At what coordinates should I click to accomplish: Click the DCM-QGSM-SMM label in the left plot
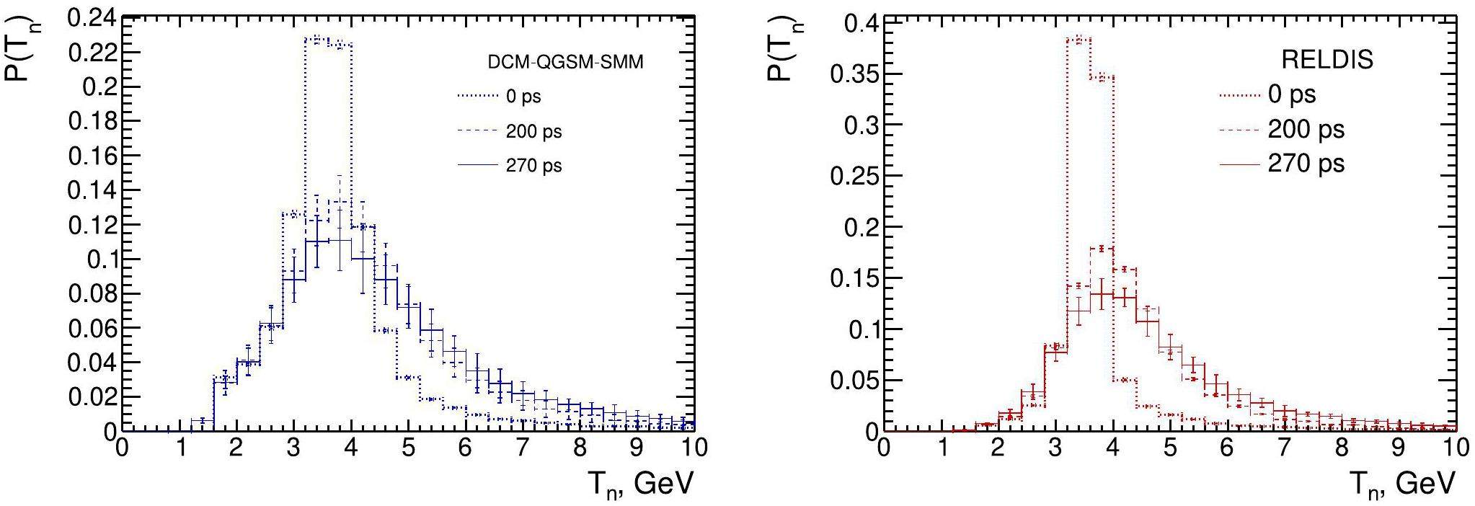pyautogui.click(x=565, y=63)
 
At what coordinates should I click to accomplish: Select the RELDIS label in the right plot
pyautogui.click(x=1327, y=60)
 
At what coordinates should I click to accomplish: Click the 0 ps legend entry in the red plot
pyautogui.click(x=1291, y=94)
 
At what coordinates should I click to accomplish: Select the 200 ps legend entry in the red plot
pyautogui.click(x=1306, y=130)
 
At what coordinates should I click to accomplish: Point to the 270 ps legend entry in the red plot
pyautogui.click(x=1306, y=164)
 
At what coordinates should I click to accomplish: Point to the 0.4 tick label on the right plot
pyautogui.click(x=860, y=23)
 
